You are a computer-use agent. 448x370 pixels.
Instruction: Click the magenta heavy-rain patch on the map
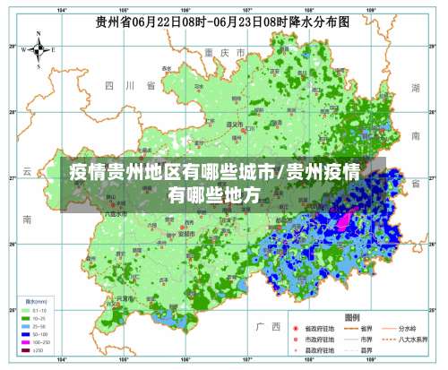coord(345,217)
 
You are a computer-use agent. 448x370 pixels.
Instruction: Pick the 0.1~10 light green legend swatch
coord(25,310)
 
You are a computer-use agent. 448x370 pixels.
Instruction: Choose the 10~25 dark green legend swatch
coord(25,318)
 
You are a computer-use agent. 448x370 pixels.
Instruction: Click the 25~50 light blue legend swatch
coord(25,326)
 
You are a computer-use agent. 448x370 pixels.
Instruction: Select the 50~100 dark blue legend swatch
coord(25,334)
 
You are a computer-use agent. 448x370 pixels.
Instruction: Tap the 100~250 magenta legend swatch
coord(25,342)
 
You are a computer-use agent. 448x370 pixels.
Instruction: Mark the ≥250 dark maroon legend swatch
coord(25,350)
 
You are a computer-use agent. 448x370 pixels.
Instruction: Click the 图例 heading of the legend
coord(353,317)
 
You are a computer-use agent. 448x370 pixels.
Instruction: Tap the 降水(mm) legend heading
coord(36,301)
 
